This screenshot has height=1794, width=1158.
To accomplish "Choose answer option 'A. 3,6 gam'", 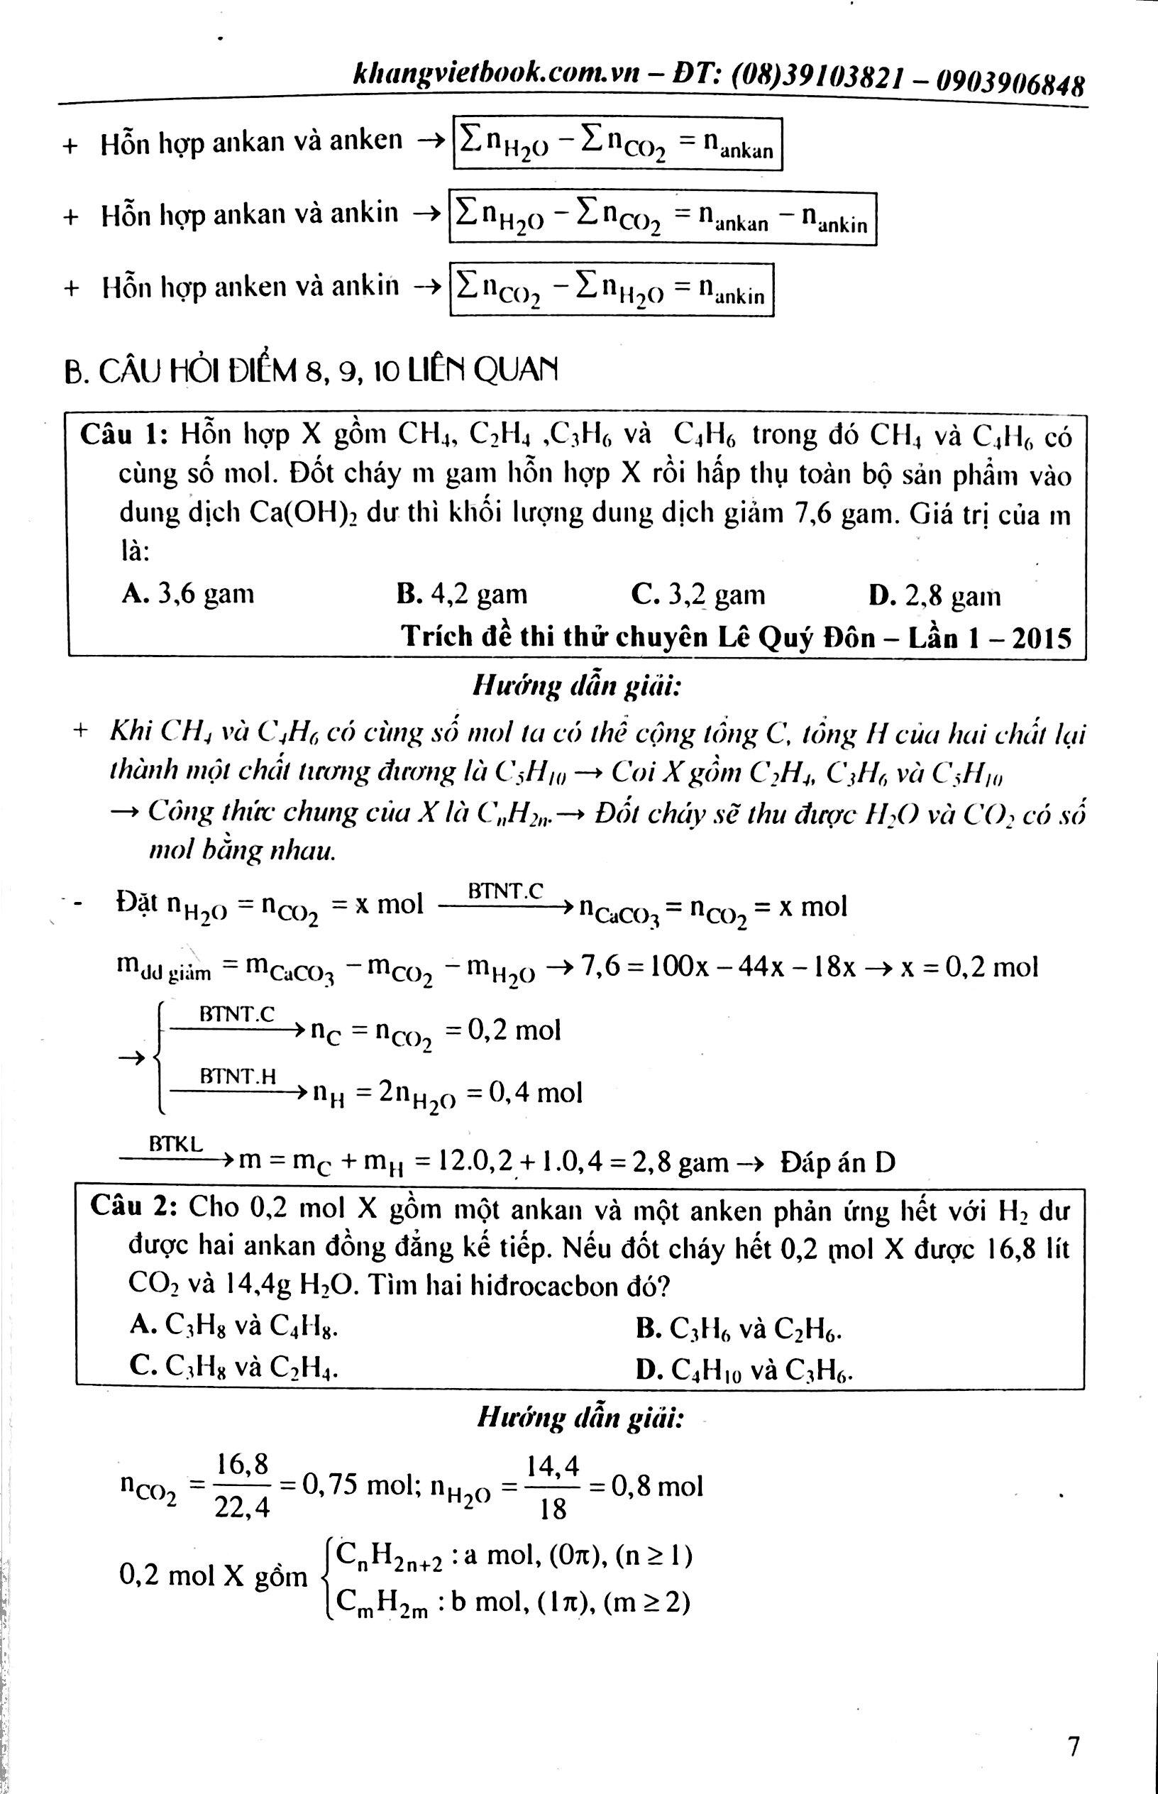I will coord(188,594).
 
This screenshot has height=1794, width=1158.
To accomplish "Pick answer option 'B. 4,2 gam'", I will coord(462,594).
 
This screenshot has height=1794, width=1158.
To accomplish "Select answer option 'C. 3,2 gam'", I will coord(697,595).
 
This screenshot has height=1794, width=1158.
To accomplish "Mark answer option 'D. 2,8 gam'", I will coord(934,596).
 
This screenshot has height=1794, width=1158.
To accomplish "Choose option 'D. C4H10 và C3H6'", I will coord(743,1370).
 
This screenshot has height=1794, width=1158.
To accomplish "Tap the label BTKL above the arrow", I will coord(175,1144).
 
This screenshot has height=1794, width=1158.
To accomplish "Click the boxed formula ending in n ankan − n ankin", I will coord(663,218).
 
